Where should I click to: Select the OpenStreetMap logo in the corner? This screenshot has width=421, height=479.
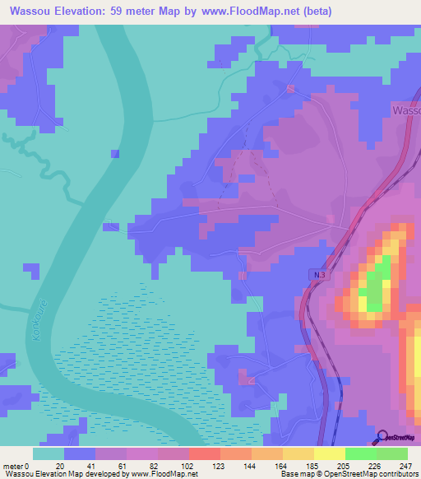click(399, 437)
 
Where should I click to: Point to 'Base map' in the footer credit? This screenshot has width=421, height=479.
click(294, 473)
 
